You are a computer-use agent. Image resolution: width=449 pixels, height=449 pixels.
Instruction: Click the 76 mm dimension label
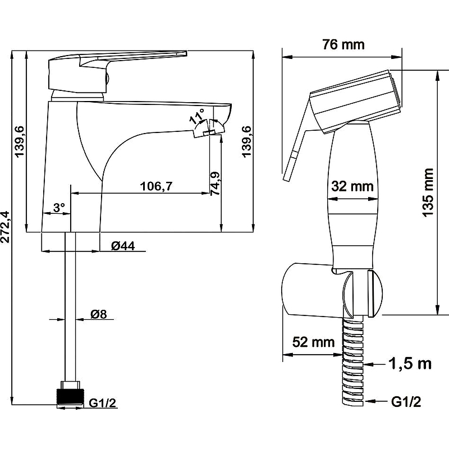[343, 44]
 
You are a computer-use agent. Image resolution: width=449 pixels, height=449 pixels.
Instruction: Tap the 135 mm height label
[429, 193]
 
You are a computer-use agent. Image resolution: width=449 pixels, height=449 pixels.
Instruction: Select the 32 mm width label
[352, 186]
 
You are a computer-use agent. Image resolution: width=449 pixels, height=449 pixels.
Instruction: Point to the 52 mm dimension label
[313, 342]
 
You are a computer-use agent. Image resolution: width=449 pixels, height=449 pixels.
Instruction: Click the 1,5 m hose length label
[410, 364]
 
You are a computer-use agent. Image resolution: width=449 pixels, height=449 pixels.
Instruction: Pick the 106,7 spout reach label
[156, 186]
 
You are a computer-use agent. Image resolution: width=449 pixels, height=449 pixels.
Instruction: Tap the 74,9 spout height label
[215, 184]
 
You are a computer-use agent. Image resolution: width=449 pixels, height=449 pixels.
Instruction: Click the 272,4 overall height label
[6, 227]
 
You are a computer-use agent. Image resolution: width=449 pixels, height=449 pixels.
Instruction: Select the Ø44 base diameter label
[123, 246]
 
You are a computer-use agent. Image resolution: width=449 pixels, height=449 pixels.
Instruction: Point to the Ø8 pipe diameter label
[99, 314]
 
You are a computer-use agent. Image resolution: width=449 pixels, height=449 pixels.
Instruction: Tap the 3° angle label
[59, 207]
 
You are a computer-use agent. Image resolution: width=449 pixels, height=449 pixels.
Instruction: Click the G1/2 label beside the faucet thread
[102, 402]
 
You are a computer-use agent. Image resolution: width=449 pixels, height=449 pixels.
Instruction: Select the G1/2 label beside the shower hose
[406, 402]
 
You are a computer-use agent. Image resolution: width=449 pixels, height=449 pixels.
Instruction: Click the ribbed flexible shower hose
[353, 361]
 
